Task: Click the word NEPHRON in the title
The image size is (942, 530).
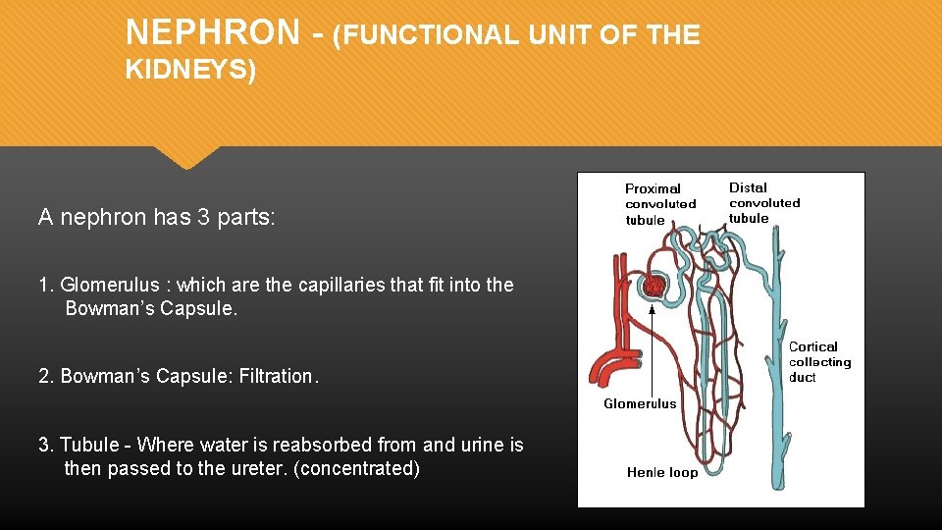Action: click(x=212, y=33)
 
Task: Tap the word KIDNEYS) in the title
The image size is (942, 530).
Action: click(x=190, y=71)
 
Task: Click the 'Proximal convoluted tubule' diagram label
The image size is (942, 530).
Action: click(x=660, y=204)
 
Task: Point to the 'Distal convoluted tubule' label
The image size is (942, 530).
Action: click(x=764, y=203)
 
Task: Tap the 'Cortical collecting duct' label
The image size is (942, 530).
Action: click(x=819, y=362)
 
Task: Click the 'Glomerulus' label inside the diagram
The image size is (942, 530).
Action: click(x=640, y=403)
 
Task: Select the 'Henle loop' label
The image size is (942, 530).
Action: click(x=662, y=472)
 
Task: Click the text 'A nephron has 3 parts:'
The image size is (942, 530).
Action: click(x=157, y=217)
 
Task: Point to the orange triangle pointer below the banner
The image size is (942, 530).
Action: click(x=186, y=156)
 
